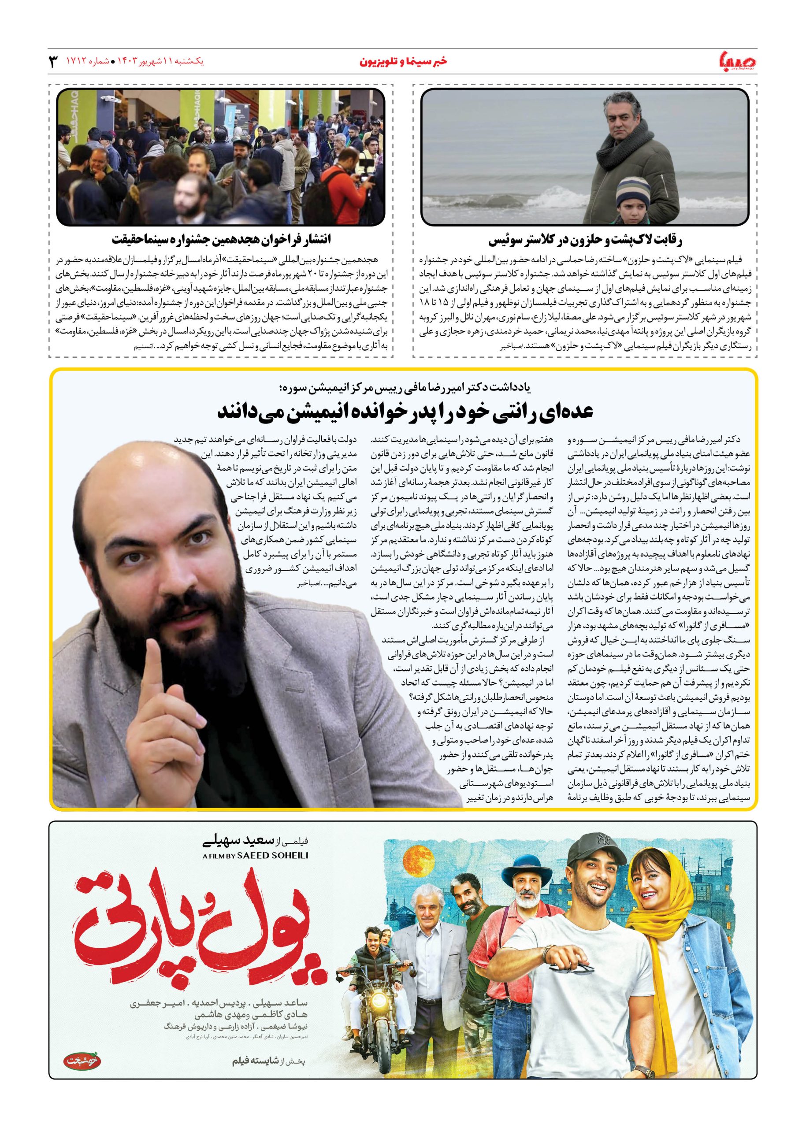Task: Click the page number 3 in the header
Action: tap(53, 62)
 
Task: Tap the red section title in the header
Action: tap(403, 62)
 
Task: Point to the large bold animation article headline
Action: tap(403, 412)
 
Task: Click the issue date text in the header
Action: tap(158, 62)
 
